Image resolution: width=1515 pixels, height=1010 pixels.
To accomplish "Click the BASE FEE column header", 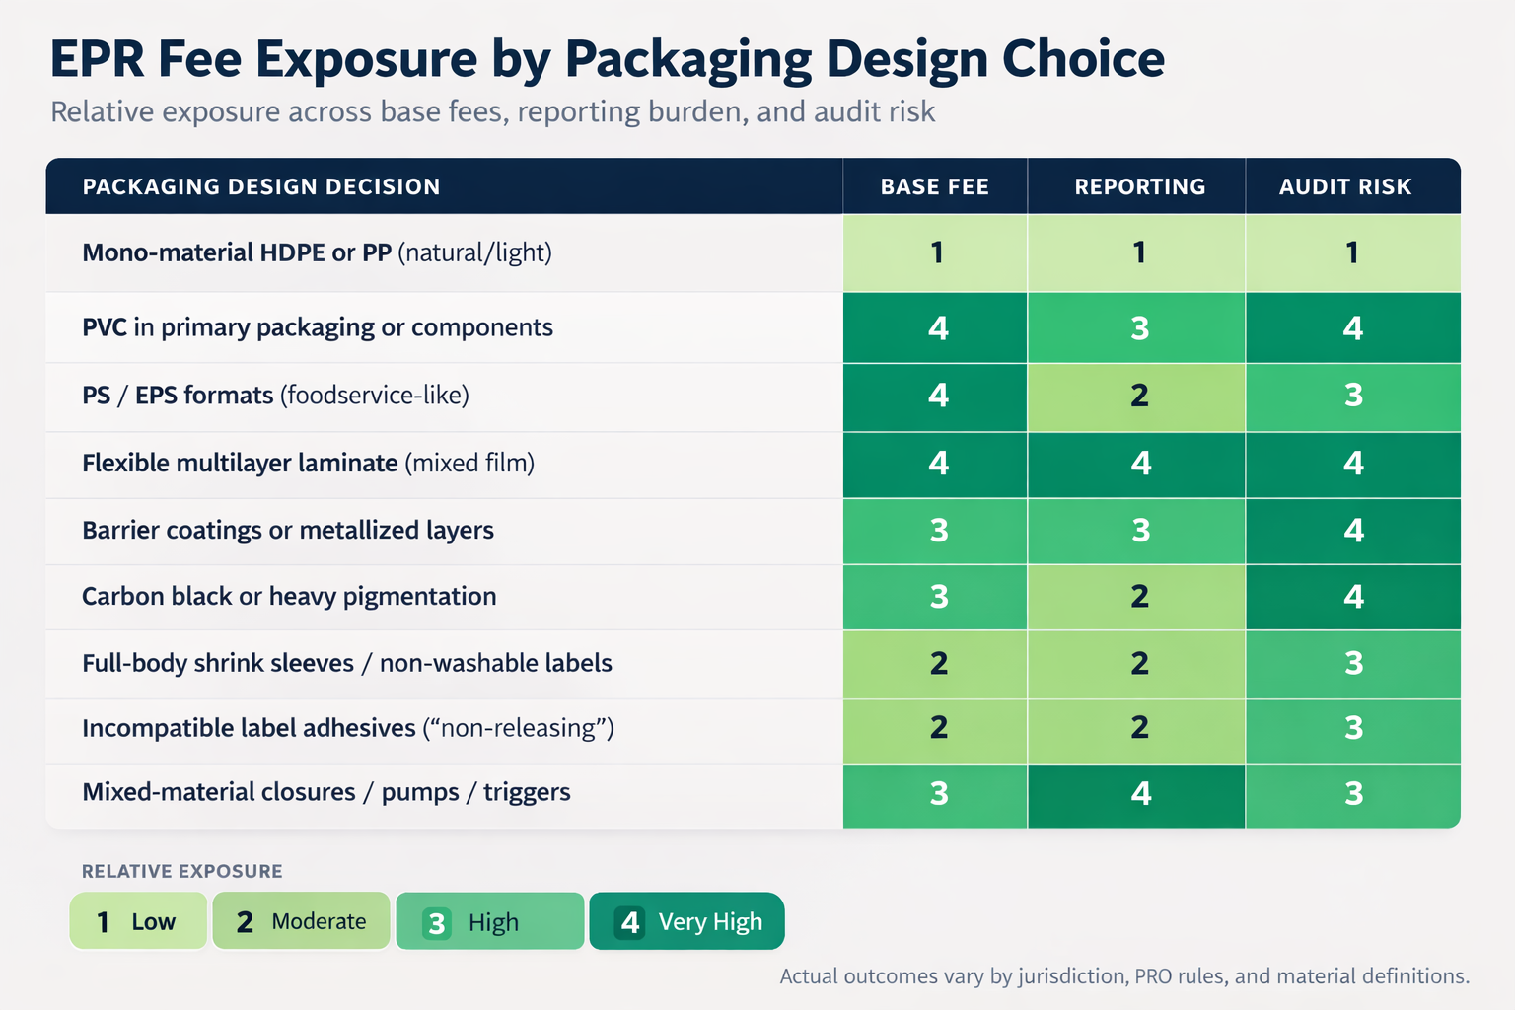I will point(934,186).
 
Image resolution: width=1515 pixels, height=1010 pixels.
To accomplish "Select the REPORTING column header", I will point(1139,186).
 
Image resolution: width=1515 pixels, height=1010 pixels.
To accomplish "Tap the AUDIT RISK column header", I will point(1345,186).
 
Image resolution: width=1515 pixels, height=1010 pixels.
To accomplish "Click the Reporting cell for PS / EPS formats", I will point(1138,396).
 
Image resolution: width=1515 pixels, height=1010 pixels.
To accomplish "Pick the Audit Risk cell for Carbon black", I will point(1353,596).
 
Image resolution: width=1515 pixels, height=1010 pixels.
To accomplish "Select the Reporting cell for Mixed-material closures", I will point(1139,793).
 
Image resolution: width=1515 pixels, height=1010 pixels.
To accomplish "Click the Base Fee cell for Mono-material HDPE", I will point(936,252).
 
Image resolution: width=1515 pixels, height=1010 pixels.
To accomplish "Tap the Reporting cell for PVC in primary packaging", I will point(1138,327).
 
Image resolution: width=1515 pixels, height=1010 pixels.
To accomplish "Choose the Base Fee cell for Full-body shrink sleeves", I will point(937,663).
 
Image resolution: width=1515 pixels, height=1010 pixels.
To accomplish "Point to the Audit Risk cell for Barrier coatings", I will point(1353,531).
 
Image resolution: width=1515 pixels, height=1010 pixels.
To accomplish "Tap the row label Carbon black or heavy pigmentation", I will point(289,596).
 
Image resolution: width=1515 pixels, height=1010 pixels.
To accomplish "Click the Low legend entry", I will point(138,921).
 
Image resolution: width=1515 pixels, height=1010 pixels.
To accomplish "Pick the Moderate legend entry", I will point(301,921).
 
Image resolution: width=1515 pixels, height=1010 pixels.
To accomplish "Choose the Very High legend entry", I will point(687,921).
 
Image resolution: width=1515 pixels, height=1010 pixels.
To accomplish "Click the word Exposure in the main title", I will point(367,59).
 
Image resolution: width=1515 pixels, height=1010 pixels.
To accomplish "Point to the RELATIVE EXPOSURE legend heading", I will point(181,871).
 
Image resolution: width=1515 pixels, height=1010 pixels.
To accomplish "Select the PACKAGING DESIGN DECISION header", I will point(261,186).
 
